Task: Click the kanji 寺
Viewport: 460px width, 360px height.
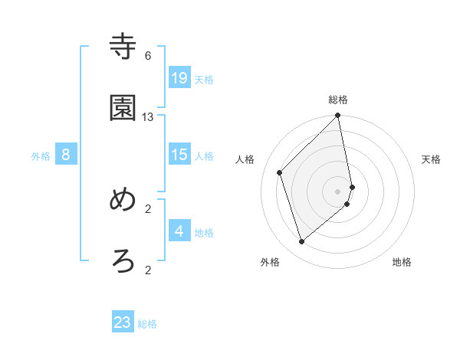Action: tap(123, 47)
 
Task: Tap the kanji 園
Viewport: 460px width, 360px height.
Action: tap(123, 108)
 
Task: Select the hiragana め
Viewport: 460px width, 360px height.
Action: tap(123, 200)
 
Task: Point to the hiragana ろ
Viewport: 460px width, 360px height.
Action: tap(123, 261)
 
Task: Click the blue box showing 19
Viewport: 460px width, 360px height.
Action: tap(179, 77)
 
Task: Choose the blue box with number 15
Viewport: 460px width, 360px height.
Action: tap(179, 155)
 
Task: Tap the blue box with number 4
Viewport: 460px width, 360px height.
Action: tap(179, 231)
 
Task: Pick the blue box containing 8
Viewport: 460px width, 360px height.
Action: tap(66, 155)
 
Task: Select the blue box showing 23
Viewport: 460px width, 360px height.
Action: tap(123, 322)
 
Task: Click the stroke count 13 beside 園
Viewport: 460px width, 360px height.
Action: tap(148, 117)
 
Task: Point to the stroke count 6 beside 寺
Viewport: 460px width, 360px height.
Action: tap(148, 56)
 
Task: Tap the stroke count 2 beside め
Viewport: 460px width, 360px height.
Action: tap(148, 208)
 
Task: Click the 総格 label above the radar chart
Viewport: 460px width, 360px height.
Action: tap(338, 100)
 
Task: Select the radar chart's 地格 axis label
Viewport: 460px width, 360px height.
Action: tap(402, 262)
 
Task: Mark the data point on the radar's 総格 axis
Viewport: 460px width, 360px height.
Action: tap(338, 116)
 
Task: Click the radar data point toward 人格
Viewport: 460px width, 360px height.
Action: tap(280, 172)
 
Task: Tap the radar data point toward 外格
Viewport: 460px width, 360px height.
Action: tap(302, 242)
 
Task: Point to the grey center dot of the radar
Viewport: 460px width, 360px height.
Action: tap(338, 190)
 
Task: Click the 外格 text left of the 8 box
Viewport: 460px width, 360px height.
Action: tap(41, 156)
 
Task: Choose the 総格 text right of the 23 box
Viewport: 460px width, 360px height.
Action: tap(147, 324)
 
